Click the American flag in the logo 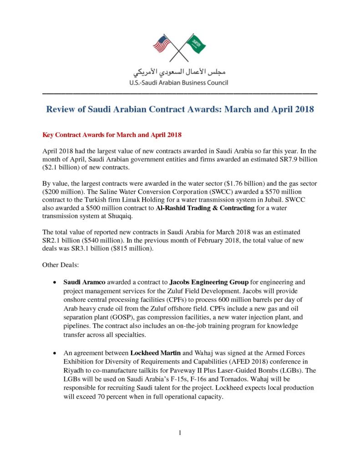pos(162,44)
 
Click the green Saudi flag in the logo pos(197,43)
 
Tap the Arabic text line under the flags pos(180,72)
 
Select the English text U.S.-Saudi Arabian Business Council pos(180,83)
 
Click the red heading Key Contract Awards pos(112,135)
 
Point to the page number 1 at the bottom pos(180,433)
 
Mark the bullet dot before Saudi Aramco pos(55,282)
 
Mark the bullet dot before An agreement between pos(55,353)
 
